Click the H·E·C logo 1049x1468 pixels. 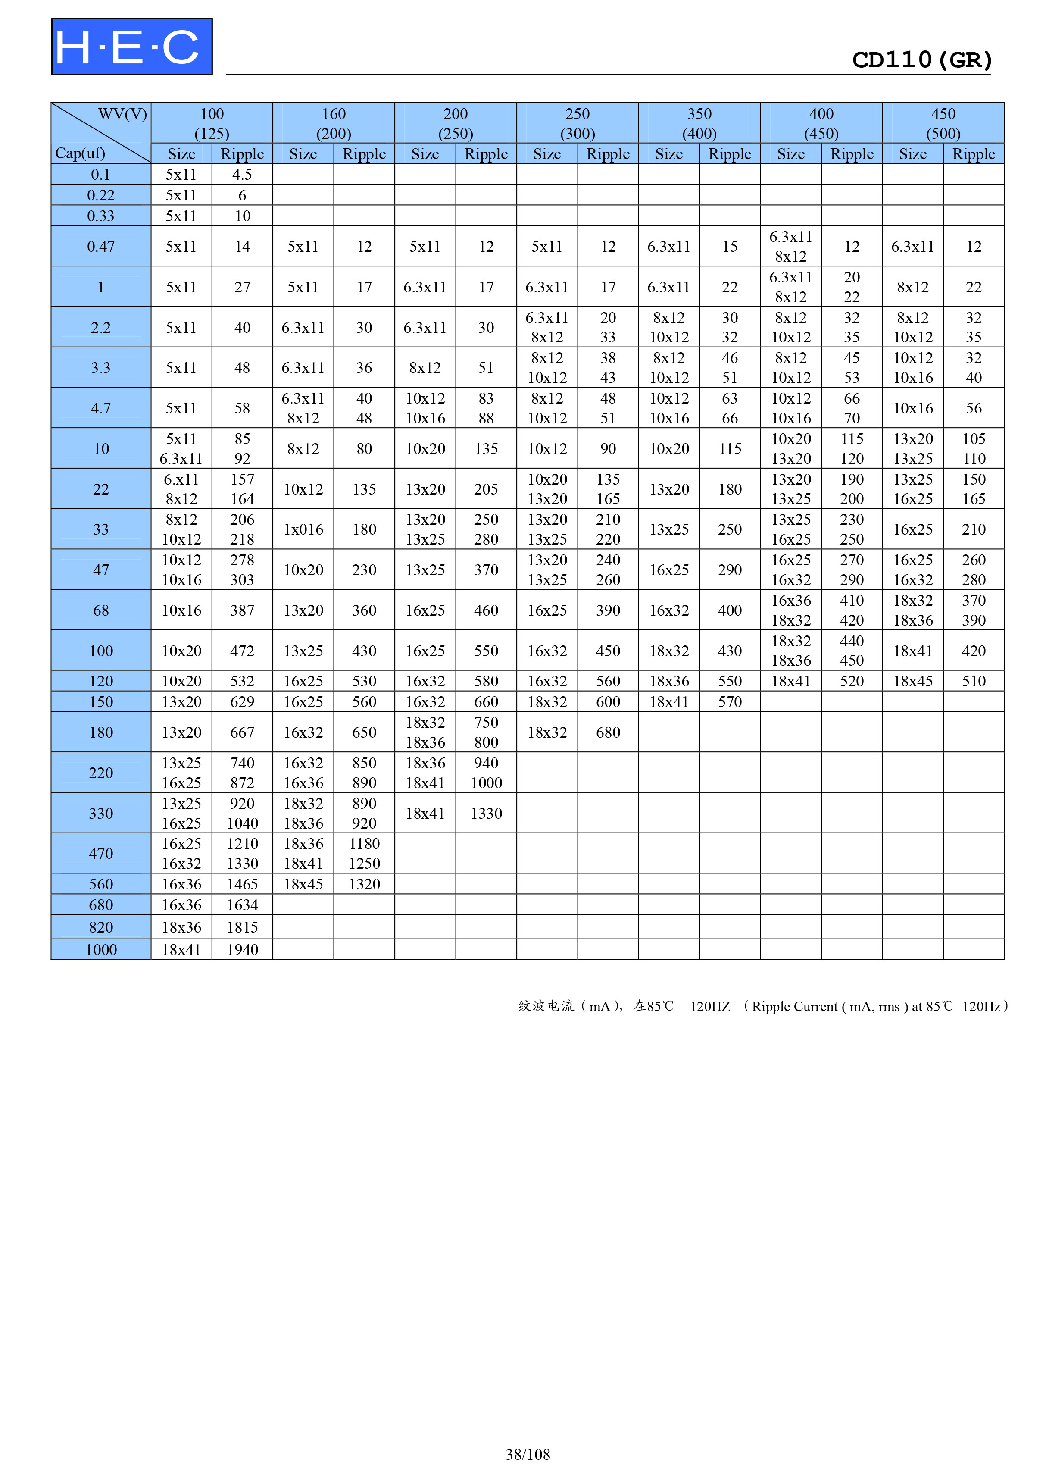coord(132,47)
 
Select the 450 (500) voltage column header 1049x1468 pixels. coord(943,123)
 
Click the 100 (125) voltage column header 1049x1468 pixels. coord(212,123)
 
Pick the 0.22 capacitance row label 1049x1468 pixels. coord(101,195)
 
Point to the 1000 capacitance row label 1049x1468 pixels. coord(101,949)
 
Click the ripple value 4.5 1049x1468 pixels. coord(242,175)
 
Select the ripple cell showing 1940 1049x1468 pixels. coord(242,949)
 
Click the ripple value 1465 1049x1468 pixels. coord(242,884)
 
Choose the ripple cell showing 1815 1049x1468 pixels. coord(242,927)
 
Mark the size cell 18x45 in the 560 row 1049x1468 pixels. coord(303,884)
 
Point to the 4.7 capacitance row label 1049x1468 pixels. coord(101,408)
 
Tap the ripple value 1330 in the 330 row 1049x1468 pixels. coord(486,814)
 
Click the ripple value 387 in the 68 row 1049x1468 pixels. coord(242,610)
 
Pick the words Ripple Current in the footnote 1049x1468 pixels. coord(794,1006)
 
